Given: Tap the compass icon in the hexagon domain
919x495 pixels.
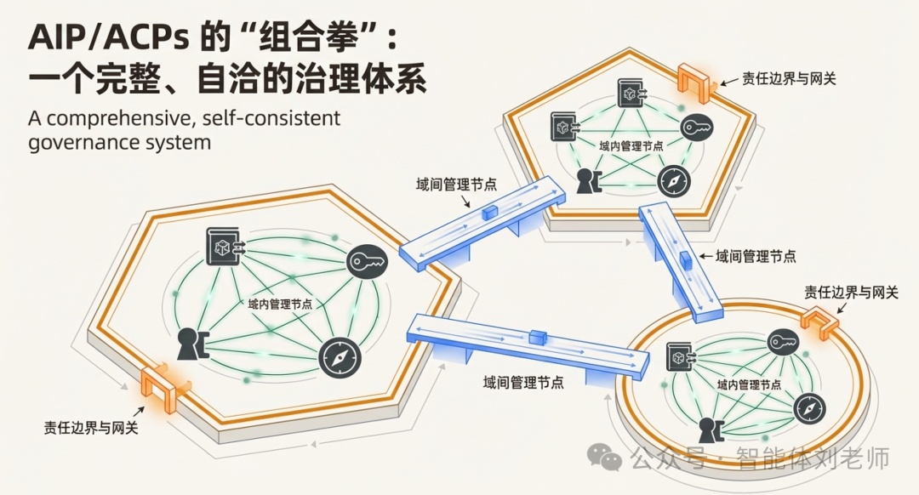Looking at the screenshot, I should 340,359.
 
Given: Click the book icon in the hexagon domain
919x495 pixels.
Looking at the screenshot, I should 224,247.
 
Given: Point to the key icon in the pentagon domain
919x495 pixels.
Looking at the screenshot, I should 696,127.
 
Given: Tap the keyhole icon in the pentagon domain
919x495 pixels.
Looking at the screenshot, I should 587,181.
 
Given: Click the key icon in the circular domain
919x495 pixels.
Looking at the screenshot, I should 783,342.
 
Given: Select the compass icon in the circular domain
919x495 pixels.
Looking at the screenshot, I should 808,408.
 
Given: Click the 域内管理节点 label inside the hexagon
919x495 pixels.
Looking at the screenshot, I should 279,304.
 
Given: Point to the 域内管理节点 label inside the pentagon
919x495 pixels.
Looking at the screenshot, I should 630,145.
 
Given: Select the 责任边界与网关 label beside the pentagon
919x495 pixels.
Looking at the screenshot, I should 789,78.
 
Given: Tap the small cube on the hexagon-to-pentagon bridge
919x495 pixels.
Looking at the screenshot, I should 489,213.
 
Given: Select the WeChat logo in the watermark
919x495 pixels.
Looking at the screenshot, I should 610,459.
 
